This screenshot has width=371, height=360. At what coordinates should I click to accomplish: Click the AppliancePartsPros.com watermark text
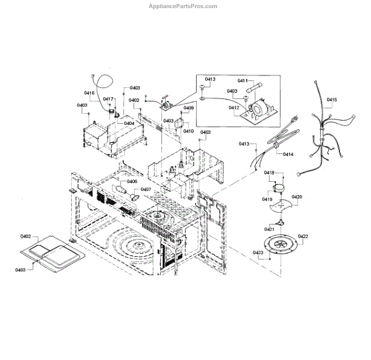click(x=183, y=6)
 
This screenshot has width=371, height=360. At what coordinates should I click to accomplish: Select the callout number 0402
click(x=25, y=237)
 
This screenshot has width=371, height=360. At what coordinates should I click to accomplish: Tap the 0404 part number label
click(x=129, y=123)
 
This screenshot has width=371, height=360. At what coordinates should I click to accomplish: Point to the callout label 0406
click(x=132, y=181)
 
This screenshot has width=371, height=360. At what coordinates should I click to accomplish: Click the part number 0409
click(x=189, y=108)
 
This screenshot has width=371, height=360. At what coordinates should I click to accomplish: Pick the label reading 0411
click(x=242, y=81)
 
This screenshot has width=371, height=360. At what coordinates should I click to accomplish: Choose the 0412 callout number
click(x=234, y=108)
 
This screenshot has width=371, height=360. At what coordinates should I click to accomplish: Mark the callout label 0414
click(x=288, y=154)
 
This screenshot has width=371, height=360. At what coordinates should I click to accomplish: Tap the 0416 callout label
click(x=89, y=93)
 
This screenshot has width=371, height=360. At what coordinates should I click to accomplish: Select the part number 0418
click(x=269, y=173)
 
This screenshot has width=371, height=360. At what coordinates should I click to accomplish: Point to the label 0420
click(x=297, y=197)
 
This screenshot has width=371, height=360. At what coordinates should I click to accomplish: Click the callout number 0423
click(x=257, y=253)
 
